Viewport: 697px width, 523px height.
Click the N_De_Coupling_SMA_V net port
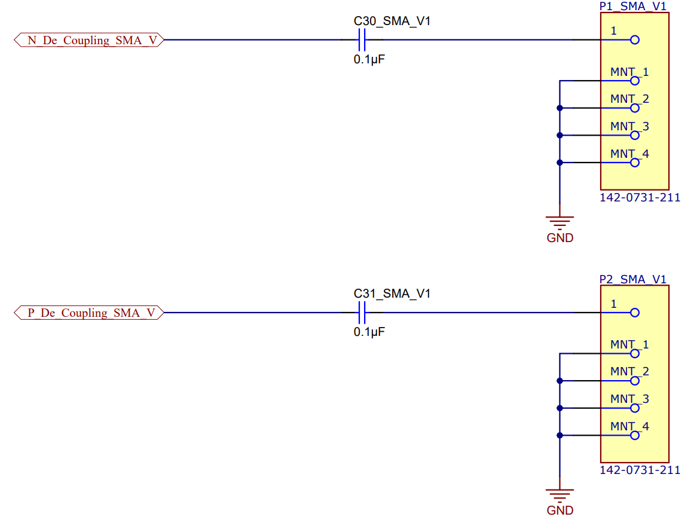pyautogui.click(x=88, y=40)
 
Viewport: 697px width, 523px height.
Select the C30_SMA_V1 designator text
pyautogui.click(x=392, y=22)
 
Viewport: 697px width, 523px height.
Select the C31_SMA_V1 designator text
pyautogui.click(x=392, y=293)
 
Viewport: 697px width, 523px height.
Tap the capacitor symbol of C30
pyautogui.click(x=361, y=40)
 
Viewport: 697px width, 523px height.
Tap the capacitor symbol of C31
pyautogui.click(x=361, y=313)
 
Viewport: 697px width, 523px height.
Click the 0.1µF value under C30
pyautogui.click(x=369, y=59)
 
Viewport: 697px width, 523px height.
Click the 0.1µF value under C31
pyautogui.click(x=369, y=332)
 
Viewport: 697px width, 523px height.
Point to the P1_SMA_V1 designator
pyautogui.click(x=632, y=6)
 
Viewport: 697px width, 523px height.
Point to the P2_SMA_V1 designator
pyautogui.click(x=632, y=279)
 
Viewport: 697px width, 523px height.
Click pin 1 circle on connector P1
pyautogui.click(x=635, y=40)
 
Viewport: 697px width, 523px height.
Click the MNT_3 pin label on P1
pyautogui.click(x=629, y=127)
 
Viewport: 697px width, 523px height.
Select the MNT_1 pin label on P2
pyautogui.click(x=629, y=345)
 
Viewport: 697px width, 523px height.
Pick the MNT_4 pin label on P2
pyautogui.click(x=629, y=427)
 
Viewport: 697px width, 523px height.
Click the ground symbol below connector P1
pyautogui.click(x=560, y=222)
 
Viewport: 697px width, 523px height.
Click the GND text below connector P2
pyautogui.click(x=560, y=510)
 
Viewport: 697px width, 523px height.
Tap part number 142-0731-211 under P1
pyautogui.click(x=640, y=198)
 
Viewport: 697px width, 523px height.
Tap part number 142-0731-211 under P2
pyautogui.click(x=640, y=470)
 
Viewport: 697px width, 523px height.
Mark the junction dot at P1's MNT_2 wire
pyautogui.click(x=560, y=108)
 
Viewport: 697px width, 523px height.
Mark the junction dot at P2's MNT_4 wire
pyautogui.click(x=560, y=435)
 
